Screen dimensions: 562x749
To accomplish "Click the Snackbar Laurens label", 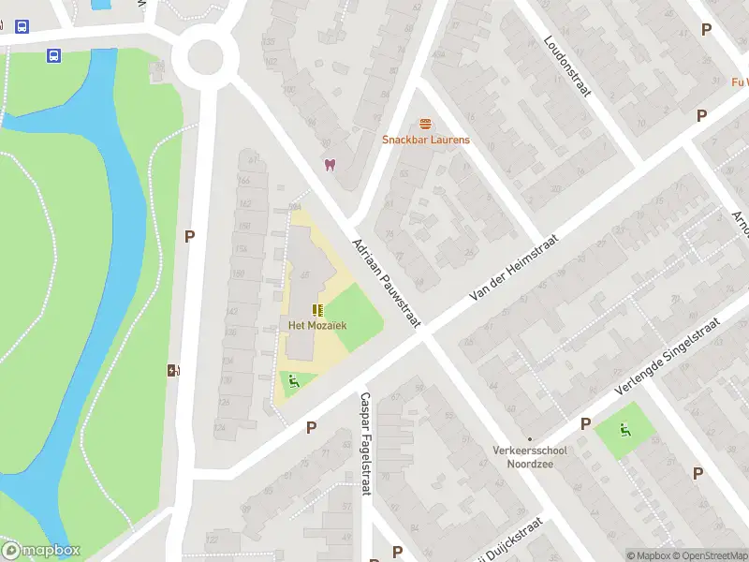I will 426,140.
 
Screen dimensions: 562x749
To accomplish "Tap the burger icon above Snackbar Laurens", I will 426,124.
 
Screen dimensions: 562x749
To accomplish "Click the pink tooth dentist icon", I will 329,165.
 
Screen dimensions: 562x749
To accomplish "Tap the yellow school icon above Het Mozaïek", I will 317,309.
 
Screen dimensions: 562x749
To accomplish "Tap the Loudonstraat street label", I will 565,67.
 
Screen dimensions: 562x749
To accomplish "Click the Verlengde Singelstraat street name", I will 667,356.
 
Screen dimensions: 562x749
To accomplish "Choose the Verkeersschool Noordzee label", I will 529,455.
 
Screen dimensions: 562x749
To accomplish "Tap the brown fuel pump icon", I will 172,370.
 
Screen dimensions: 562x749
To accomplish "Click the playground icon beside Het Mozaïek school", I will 294,381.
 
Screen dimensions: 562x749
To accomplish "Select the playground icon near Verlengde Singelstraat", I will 624,430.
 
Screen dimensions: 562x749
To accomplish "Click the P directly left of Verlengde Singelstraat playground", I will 585,424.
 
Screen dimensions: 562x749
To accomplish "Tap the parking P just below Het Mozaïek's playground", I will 311,427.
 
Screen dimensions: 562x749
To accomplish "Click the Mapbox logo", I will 41,551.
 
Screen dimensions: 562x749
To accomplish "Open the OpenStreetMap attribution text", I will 708,555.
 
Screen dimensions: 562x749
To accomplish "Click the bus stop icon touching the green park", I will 54,55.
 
